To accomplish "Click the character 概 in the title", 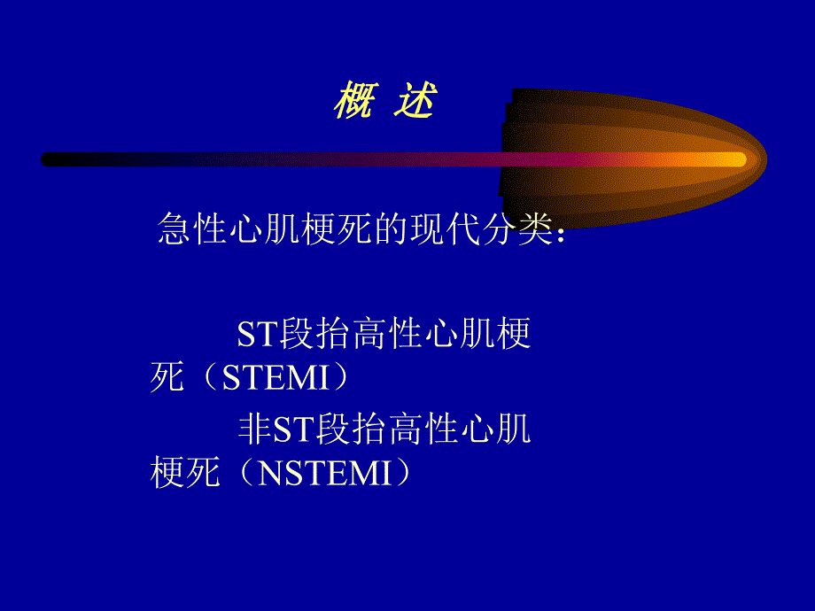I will (352, 104).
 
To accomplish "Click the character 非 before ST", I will (255, 430).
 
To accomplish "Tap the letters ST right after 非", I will (293, 431).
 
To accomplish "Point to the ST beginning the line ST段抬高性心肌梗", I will (258, 336).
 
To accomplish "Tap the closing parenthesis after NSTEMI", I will (405, 474).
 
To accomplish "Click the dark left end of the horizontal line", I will (50, 159).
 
